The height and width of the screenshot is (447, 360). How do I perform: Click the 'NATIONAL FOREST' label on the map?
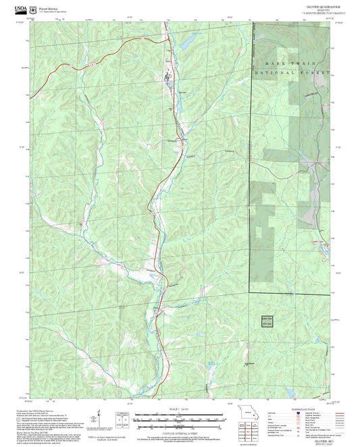[x=290, y=72]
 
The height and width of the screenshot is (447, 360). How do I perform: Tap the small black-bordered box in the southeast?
[x=267, y=321]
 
